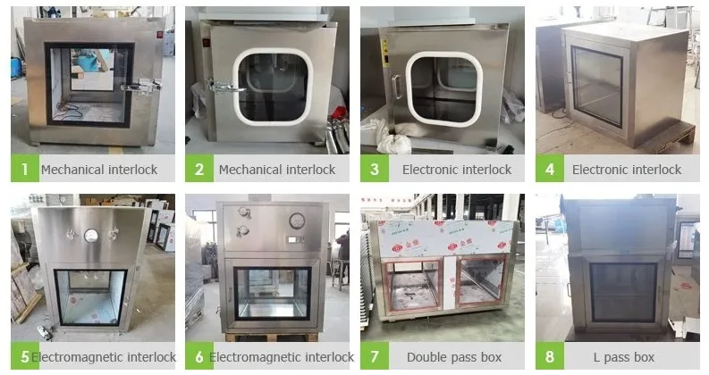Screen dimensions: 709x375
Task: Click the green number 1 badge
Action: pos(25,169)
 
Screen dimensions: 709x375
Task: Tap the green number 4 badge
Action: pos(549,169)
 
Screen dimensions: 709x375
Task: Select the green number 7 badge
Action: pos(375,356)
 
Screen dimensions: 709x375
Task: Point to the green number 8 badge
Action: pos(549,356)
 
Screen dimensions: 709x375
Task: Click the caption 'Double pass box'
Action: pos(454,357)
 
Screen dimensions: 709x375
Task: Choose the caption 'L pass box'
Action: pos(624,357)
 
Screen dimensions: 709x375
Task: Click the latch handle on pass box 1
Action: pos(140,87)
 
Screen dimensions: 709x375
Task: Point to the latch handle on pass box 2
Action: pos(223,87)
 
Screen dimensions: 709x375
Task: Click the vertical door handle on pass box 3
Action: pos(397,87)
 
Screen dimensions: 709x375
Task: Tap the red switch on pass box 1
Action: pos(159,34)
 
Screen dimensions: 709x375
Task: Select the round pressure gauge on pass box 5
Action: pos(91,235)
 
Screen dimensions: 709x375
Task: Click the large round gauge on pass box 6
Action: pos(297,221)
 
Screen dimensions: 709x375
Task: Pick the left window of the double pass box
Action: pos(411,286)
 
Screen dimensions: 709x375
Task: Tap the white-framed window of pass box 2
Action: pos(273,87)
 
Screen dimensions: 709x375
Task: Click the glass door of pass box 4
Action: pos(597,87)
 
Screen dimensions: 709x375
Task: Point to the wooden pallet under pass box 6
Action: pos(271,337)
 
